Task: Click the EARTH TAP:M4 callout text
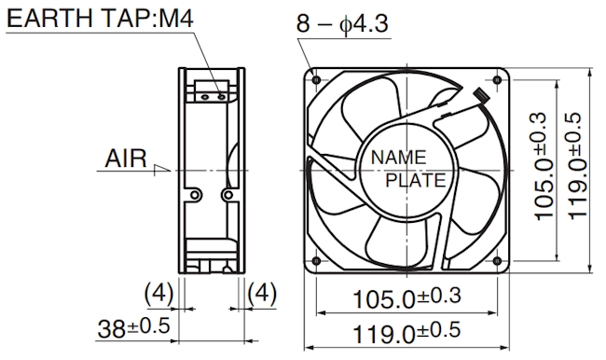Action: pos(100,18)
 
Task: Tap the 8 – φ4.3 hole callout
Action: pos(342,23)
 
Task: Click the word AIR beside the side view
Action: pos(126,159)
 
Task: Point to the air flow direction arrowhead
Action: pos(162,170)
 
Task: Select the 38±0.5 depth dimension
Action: pos(133,327)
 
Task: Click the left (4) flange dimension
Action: pos(158,293)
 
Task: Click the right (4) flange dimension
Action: pos(262,293)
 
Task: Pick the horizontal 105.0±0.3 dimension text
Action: pos(407,298)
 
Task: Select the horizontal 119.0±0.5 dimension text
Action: pos(406,333)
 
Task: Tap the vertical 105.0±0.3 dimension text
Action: pos(545,167)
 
